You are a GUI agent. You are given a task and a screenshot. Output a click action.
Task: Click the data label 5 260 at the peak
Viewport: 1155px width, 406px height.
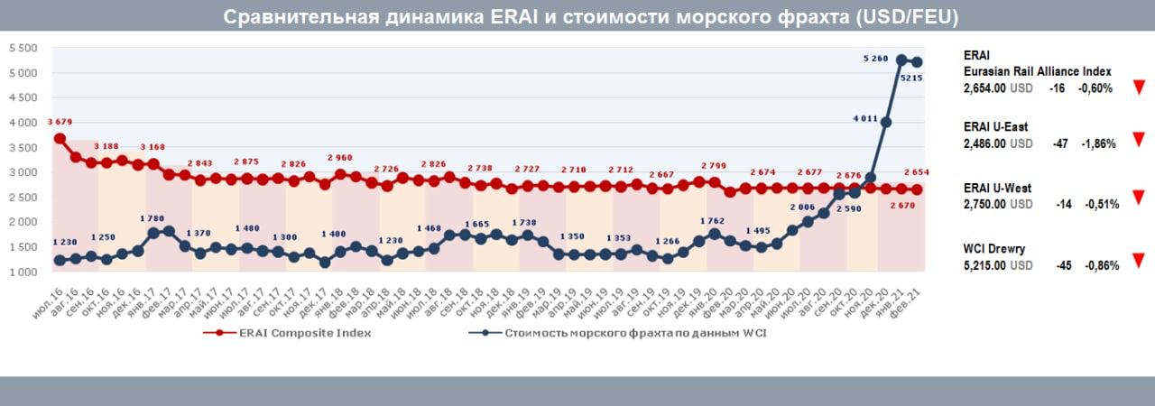pyautogui.click(x=875, y=58)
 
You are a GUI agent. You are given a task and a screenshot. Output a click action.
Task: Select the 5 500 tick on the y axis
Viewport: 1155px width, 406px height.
pyautogui.click(x=22, y=48)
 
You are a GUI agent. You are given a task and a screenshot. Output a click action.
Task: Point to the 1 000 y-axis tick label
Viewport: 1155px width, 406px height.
pyautogui.click(x=22, y=272)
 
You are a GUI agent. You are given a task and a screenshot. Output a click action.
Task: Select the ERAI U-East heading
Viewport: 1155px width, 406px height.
pyautogui.click(x=995, y=127)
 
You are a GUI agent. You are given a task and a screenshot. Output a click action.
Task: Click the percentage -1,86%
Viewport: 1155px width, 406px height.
pyautogui.click(x=1098, y=143)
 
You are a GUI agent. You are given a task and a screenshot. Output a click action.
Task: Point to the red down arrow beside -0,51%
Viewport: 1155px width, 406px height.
pyautogui.click(x=1138, y=197)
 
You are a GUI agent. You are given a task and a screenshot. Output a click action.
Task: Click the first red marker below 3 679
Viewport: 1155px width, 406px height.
pyautogui.click(x=60, y=138)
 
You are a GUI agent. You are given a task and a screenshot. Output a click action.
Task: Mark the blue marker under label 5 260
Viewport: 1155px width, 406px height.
pyautogui.click(x=901, y=60)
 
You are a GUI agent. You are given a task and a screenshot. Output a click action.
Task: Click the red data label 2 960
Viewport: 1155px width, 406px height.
pyautogui.click(x=341, y=158)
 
